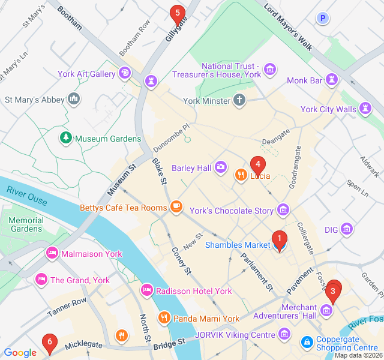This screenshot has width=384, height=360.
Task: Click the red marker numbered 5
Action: [176, 13]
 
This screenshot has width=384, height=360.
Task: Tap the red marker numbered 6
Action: [50, 343]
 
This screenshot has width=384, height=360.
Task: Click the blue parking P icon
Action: [323, 19]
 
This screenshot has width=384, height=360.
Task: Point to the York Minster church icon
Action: [239, 100]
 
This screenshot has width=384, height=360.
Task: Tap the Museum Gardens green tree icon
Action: [66, 139]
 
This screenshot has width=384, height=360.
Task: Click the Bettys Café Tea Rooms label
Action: [123, 208]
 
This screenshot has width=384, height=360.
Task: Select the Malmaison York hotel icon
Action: [52, 254]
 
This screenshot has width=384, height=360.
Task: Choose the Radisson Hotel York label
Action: [193, 291]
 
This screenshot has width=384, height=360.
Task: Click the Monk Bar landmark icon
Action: [332, 80]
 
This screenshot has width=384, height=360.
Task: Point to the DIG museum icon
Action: [346, 229]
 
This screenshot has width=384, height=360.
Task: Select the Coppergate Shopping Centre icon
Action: [307, 342]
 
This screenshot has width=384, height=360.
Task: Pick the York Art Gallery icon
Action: [124, 74]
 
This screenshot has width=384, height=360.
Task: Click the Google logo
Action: [20, 353]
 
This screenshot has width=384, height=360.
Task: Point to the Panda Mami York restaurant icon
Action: [163, 318]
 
